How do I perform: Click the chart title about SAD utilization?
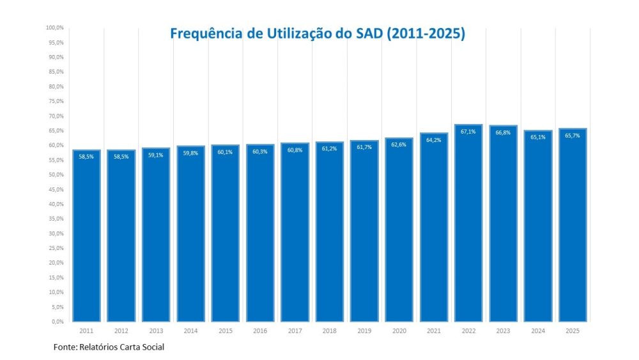[x=318, y=33]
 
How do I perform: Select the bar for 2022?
[x=468, y=223]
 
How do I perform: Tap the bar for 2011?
[x=86, y=236]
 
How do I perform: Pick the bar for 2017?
[x=295, y=232]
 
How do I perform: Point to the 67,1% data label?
[x=468, y=132]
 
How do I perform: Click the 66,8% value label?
[x=503, y=132]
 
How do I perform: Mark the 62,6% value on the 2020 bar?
[x=399, y=145]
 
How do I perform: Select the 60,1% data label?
[x=225, y=152]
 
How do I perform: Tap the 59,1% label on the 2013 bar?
[x=156, y=155]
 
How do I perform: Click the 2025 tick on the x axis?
[x=573, y=331]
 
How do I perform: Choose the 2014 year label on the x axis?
[x=190, y=331]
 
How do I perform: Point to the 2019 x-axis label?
[x=364, y=331]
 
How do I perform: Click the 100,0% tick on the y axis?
[x=55, y=27]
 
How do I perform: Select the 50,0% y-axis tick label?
[x=57, y=175]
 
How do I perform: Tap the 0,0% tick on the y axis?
[x=58, y=322]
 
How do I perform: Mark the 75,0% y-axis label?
[x=57, y=101]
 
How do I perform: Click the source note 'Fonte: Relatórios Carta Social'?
[x=109, y=347]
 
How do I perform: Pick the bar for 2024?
[x=538, y=226]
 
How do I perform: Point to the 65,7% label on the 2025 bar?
[x=573, y=136]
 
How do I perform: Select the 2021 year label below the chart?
[x=434, y=331]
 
